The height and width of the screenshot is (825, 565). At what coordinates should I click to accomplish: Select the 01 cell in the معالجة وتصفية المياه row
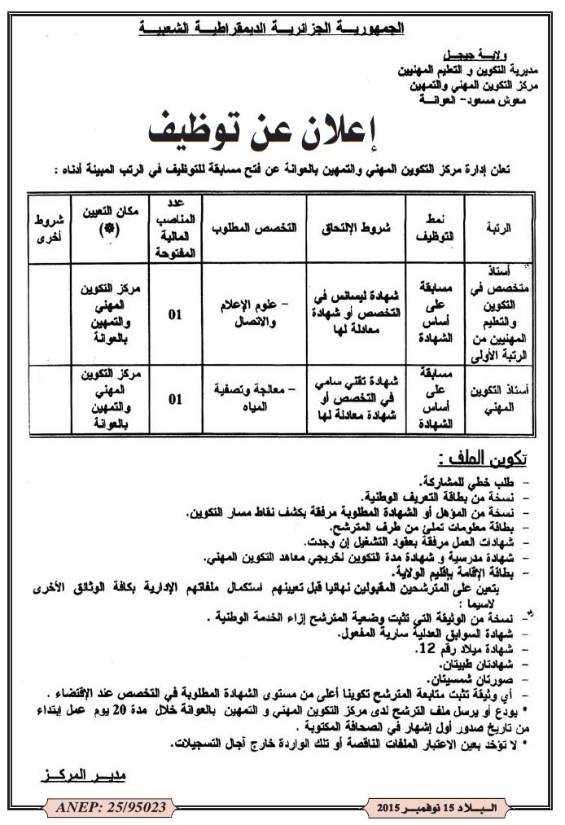pos(174,400)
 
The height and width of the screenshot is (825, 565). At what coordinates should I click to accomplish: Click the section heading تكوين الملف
pos(489,454)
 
